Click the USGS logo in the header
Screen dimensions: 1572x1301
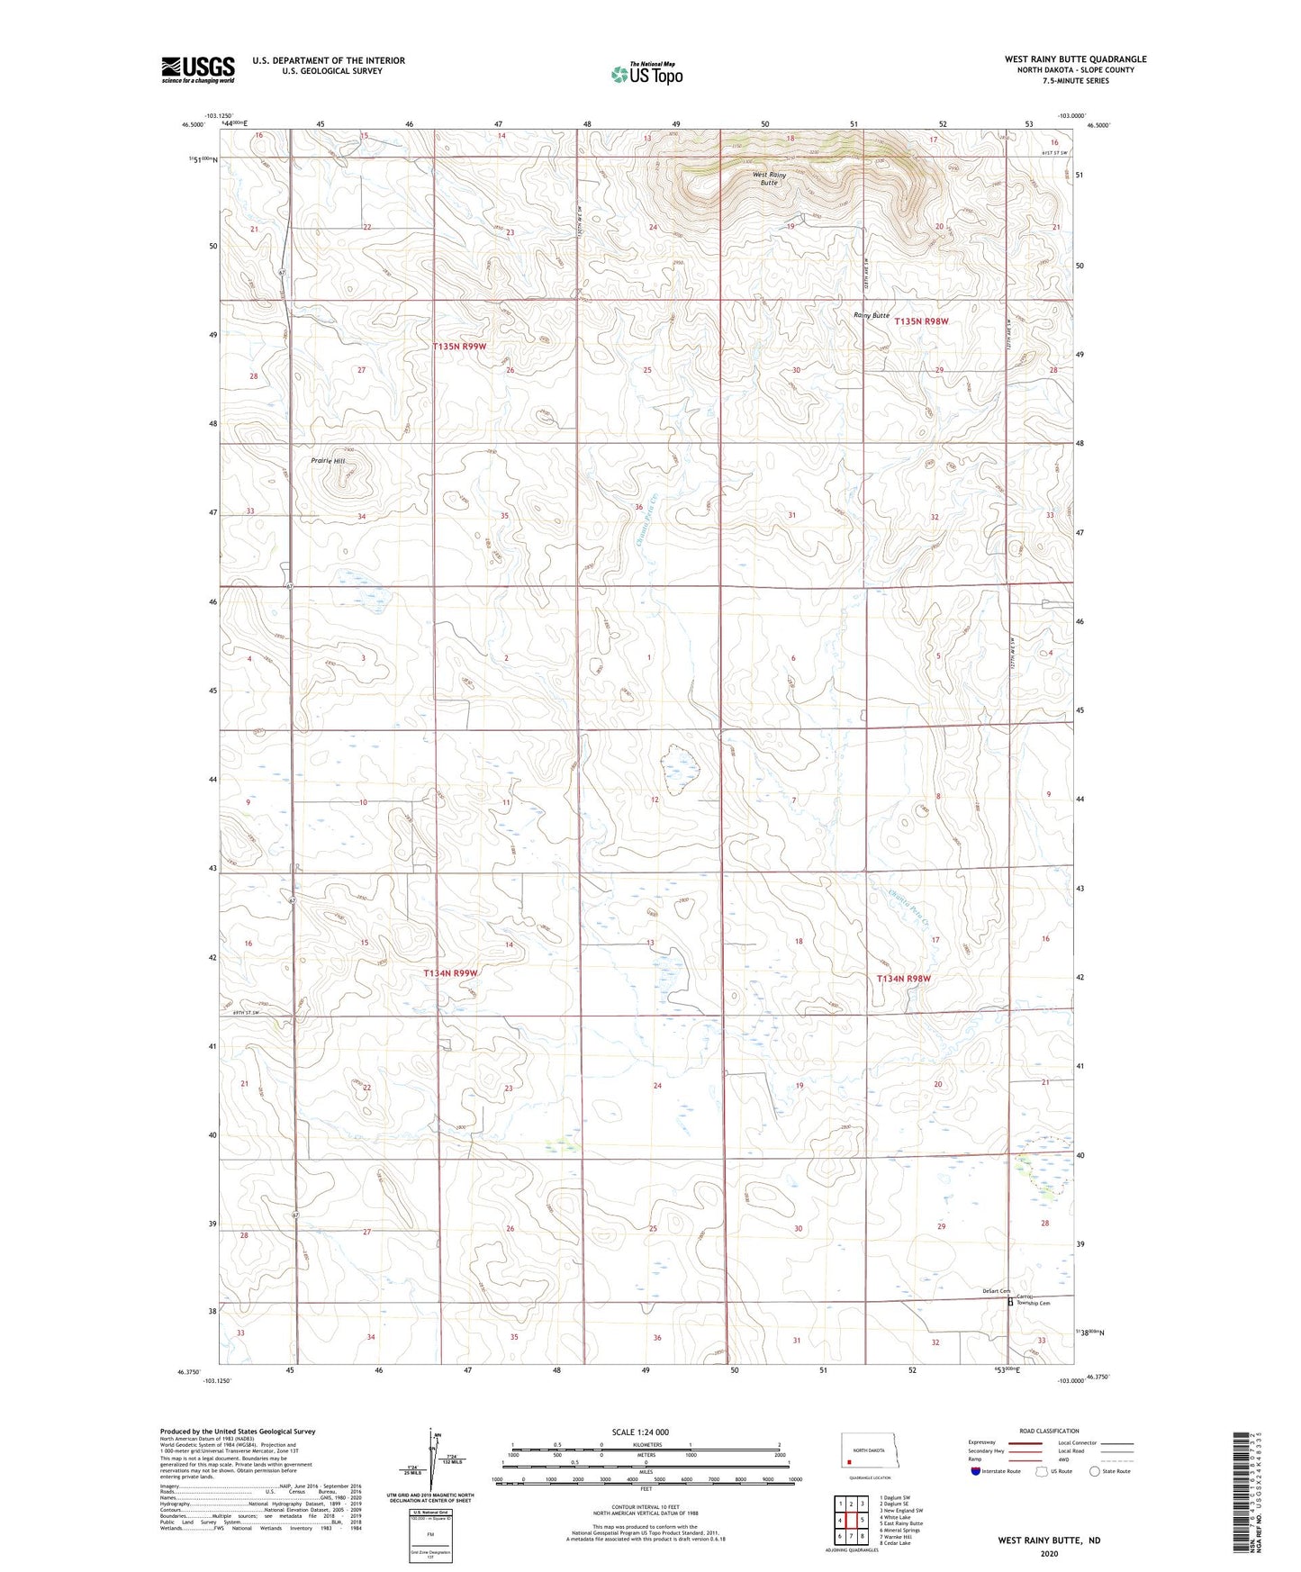pyautogui.click(x=198, y=68)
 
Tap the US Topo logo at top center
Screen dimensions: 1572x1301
pyautogui.click(x=646, y=74)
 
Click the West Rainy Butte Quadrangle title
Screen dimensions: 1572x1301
pyautogui.click(x=1075, y=59)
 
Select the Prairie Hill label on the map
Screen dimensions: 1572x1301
pyautogui.click(x=328, y=461)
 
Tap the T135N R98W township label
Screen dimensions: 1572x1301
pyautogui.click(x=921, y=321)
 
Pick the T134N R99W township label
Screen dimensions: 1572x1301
pyautogui.click(x=450, y=973)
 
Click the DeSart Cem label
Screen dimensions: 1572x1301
pyautogui.click(x=996, y=1291)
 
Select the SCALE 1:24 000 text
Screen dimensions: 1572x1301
pyautogui.click(x=640, y=1432)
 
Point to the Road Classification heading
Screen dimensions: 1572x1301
pyautogui.click(x=1049, y=1431)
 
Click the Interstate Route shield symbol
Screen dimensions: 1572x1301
pyautogui.click(x=976, y=1471)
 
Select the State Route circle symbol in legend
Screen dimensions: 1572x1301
pyautogui.click(x=1095, y=1471)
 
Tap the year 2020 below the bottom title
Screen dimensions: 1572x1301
pyautogui.click(x=1049, y=1553)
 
